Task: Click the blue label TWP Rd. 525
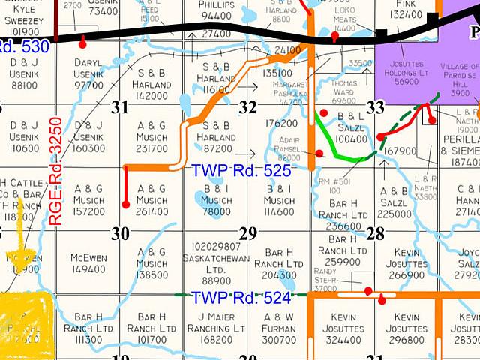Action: [x=241, y=169]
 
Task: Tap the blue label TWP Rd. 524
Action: [x=240, y=298]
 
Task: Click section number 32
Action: [x=247, y=107]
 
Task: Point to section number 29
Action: [x=247, y=233]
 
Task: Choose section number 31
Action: [x=119, y=107]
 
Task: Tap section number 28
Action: [x=375, y=233]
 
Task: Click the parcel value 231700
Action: [x=152, y=149]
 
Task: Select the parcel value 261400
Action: [x=152, y=211]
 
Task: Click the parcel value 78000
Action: [x=217, y=211]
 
